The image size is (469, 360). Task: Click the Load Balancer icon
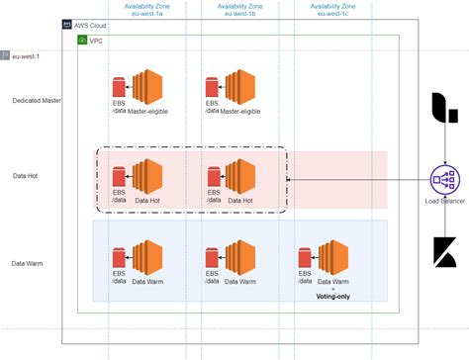point(444,180)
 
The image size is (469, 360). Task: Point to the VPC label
point(97,41)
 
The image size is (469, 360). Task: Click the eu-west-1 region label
point(27,57)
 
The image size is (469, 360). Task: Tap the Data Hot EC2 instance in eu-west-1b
point(241,174)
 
